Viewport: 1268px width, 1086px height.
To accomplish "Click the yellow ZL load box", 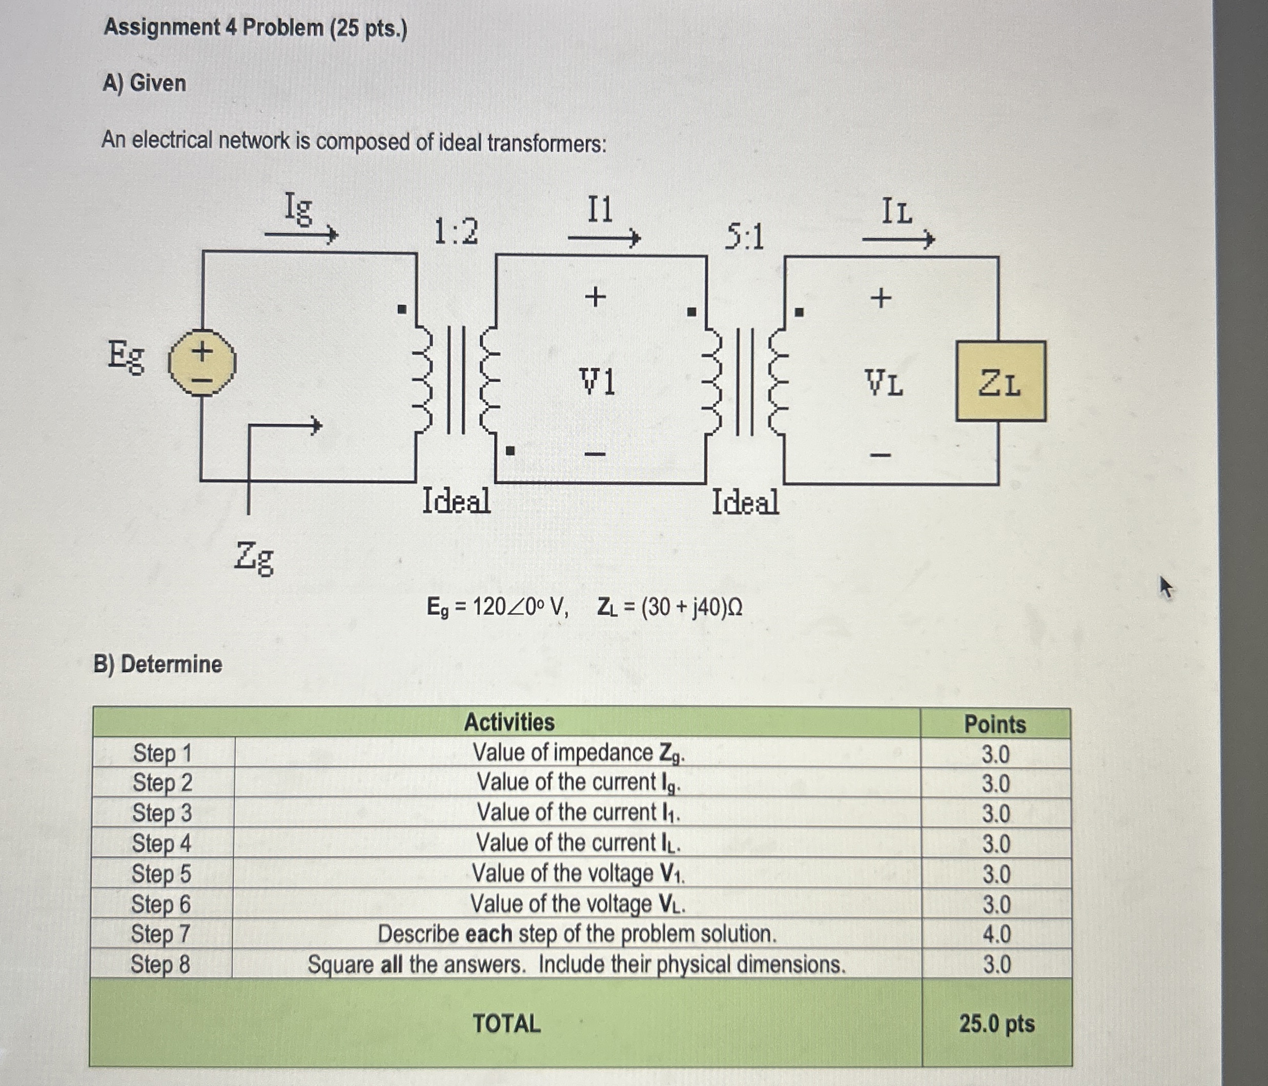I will [x=1000, y=381].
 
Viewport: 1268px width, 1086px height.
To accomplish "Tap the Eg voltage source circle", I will [x=201, y=363].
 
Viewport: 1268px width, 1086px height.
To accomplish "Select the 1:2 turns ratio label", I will [x=456, y=232].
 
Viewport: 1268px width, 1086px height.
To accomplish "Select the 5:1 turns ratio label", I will [x=745, y=237].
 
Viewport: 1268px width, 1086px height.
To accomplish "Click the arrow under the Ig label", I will [x=301, y=234].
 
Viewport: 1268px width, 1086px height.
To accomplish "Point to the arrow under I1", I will [x=604, y=237].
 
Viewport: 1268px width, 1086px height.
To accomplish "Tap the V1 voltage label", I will [x=597, y=382].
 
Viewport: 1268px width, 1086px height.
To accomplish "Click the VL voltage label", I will [x=884, y=384].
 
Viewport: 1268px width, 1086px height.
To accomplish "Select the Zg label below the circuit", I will [x=254, y=558].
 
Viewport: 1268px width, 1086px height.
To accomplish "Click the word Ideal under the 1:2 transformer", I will [x=457, y=501].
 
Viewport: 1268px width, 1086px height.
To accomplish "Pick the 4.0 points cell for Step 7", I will [x=996, y=934].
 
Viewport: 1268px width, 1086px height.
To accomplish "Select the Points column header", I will [x=995, y=724].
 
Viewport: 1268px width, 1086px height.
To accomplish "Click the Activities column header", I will [x=509, y=723].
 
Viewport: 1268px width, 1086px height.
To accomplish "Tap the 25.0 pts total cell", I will [x=996, y=1023].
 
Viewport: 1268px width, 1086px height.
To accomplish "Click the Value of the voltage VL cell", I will [x=577, y=904].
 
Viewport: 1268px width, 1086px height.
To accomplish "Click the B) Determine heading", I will [x=158, y=664].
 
